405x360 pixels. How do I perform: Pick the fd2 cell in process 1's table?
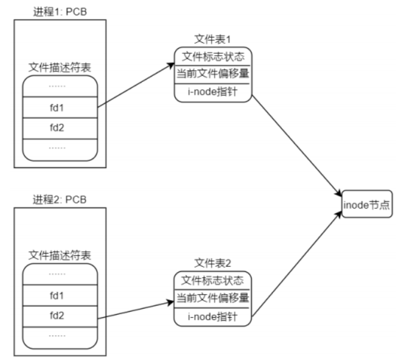coord(60,128)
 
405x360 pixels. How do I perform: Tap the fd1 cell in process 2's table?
coord(60,295)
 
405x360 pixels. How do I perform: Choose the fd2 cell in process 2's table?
coord(60,317)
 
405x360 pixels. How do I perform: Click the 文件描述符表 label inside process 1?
coord(60,66)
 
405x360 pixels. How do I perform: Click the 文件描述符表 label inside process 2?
coord(60,254)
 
